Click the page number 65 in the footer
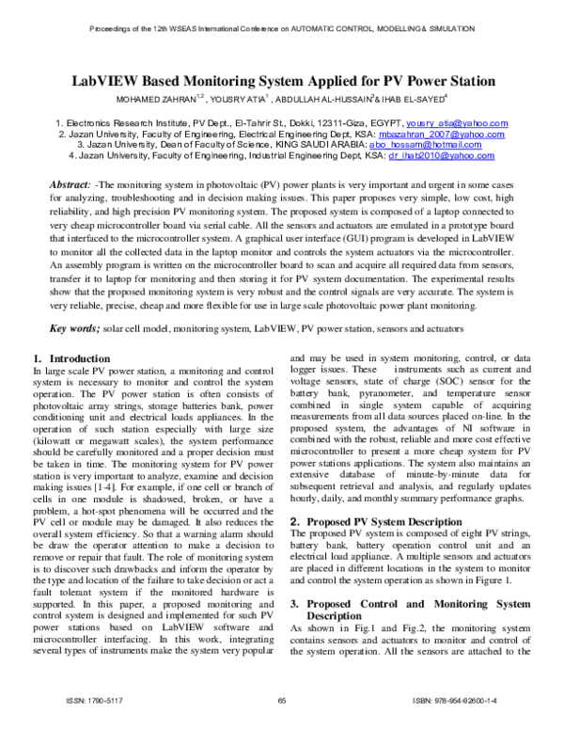pos(282,702)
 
